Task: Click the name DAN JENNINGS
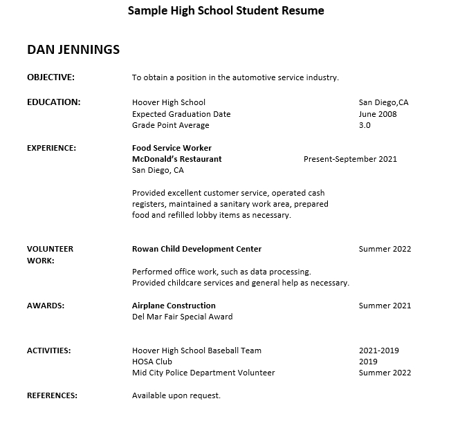pos(73,50)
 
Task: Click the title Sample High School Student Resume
pos(225,10)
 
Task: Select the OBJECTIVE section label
pos(50,77)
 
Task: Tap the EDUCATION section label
pos(53,102)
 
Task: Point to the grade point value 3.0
pos(365,125)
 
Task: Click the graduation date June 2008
pos(378,114)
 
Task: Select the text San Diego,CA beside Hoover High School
pos(383,102)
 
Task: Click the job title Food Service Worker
pos(172,147)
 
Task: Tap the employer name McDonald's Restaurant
pos(176,158)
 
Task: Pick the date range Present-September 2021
pos(350,158)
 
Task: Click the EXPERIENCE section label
pos(51,147)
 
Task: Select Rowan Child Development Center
pos(196,249)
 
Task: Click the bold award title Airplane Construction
pos(174,306)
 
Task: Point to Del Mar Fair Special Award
pos(182,317)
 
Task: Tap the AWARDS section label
pos(45,306)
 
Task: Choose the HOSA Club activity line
pos(152,362)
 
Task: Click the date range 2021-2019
pos(378,350)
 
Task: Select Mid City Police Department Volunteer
pos(203,373)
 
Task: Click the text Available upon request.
pos(176,395)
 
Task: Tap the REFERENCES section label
pos(52,395)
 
